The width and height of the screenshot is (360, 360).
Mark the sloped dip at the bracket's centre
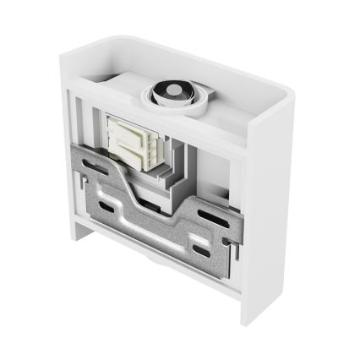(144, 194)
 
